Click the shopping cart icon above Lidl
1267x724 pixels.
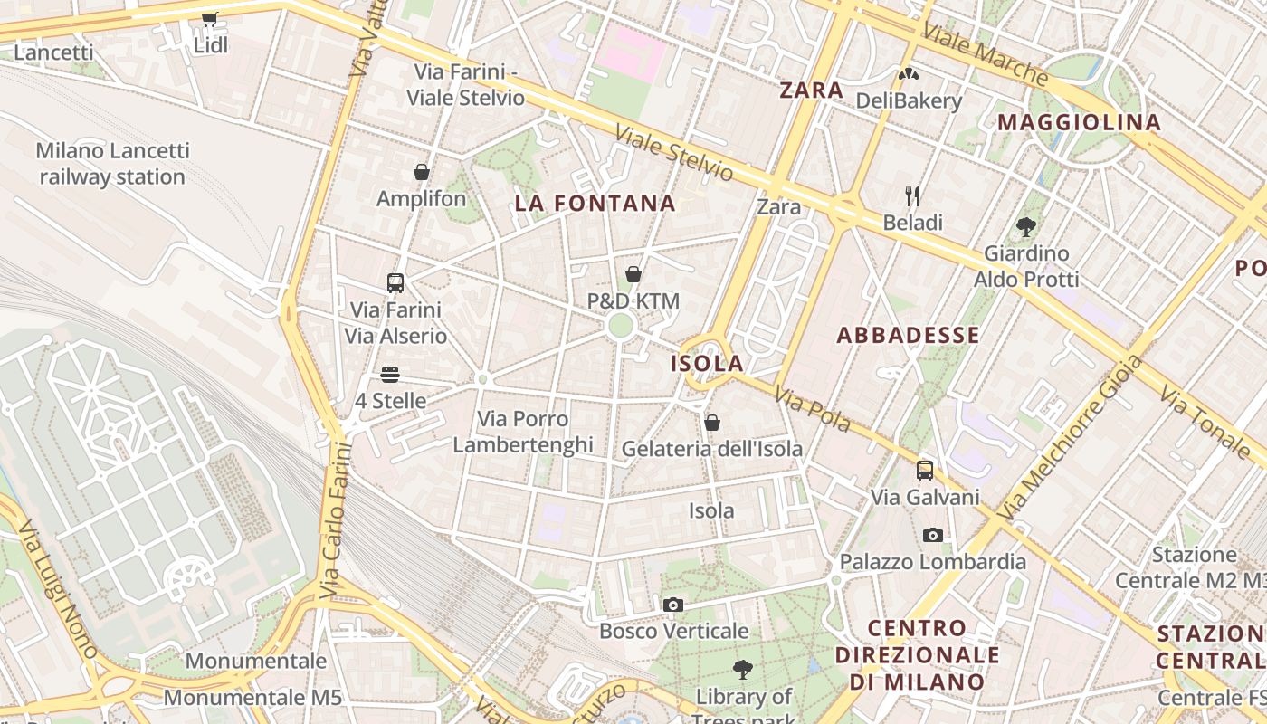click(x=209, y=18)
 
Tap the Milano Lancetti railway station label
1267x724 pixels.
click(x=112, y=164)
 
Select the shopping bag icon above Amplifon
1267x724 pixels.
click(x=422, y=172)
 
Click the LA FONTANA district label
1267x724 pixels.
click(x=595, y=204)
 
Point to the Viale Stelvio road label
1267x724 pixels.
click(x=674, y=152)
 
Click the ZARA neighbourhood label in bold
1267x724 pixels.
click(x=812, y=90)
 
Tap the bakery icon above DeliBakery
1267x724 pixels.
click(x=909, y=74)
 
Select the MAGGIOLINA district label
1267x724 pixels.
click(x=1079, y=122)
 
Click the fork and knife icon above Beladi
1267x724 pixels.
click(x=912, y=195)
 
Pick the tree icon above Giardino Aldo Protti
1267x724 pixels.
click(x=1025, y=226)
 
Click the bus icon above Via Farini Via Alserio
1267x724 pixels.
click(x=395, y=282)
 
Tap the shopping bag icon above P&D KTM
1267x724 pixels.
click(x=633, y=273)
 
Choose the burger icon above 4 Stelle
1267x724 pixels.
click(x=390, y=374)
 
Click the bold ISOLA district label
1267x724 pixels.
click(x=707, y=364)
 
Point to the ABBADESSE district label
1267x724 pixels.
click(x=908, y=336)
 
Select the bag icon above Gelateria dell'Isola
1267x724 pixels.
click(x=712, y=423)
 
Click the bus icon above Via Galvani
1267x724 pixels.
click(x=924, y=471)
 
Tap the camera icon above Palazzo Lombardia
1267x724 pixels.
click(x=933, y=536)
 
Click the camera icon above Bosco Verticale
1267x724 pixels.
click(x=673, y=605)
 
